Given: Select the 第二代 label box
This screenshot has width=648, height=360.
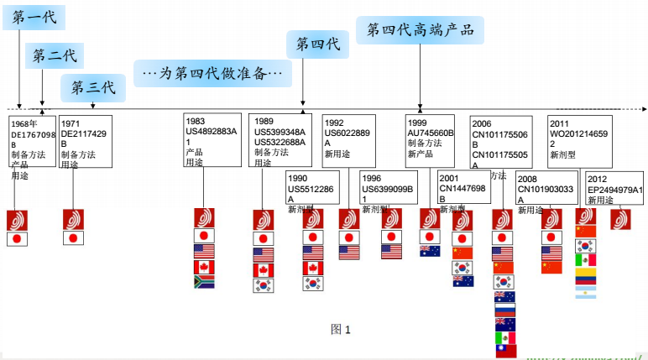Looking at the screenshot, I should pos(55,56).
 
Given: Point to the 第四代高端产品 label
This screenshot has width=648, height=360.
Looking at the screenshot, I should pos(420,30).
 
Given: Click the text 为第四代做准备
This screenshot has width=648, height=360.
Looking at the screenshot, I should pos(212,74).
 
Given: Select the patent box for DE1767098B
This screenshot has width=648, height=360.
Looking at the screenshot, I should pos(33,149).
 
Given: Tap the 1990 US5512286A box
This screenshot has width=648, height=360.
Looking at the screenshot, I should pos(312,188).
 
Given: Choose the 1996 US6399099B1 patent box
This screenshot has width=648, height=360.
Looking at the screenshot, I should pos(387,188).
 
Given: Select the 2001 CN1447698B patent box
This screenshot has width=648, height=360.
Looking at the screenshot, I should pos(462,187).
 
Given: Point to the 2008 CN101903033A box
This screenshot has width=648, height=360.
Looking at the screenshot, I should pos(545,188).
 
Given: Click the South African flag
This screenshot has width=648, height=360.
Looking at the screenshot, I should pos(204,282).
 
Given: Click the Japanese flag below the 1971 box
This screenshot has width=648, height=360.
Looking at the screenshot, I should pos(73,239).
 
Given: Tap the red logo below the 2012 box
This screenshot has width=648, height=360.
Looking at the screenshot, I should pos(620,219).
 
